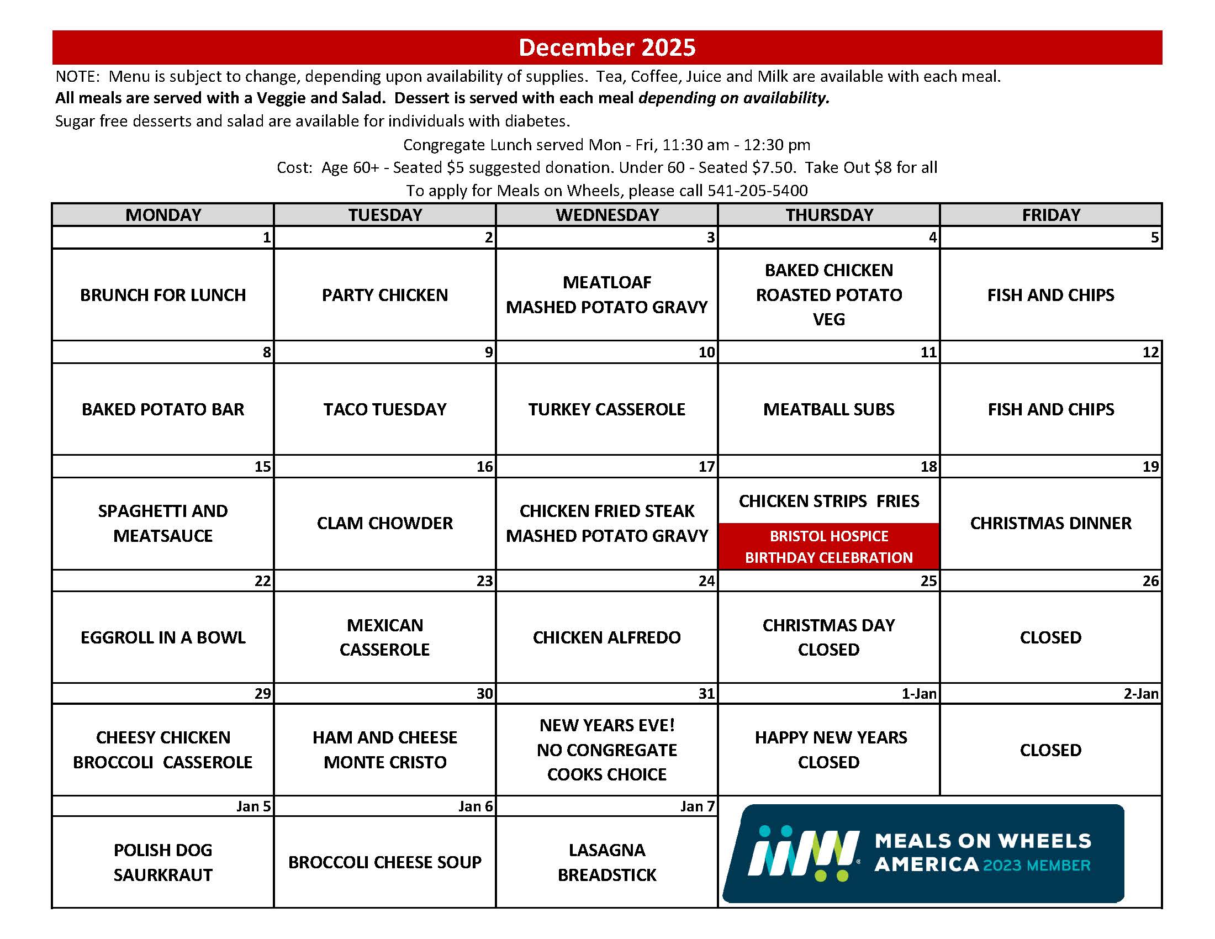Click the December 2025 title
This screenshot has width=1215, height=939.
coord(607,48)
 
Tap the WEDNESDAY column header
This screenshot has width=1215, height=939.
coord(607,215)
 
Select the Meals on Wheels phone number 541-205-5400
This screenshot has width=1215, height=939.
coord(757,191)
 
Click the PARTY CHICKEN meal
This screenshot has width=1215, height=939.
coord(385,295)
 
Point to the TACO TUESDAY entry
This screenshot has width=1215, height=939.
coord(385,409)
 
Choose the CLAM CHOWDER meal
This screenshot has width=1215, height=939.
coord(385,523)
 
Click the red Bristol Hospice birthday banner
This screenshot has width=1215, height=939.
coord(828,546)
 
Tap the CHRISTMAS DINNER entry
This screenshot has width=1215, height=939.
coord(1050,523)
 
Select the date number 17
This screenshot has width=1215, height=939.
coord(706,467)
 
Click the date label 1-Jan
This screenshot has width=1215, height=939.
coord(918,694)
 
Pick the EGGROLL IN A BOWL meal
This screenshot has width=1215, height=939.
coord(163,637)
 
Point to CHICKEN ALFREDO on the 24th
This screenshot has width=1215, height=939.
coord(606,637)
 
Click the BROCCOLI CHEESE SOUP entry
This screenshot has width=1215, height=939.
coord(385,862)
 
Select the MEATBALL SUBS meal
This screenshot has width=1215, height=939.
coord(828,409)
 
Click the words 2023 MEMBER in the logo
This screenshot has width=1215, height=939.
coord(1037,866)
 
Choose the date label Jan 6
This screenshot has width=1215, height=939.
coord(475,806)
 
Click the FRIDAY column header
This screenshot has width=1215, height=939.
coord(1051,215)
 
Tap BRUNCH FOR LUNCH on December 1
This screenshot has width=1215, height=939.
coord(163,295)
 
